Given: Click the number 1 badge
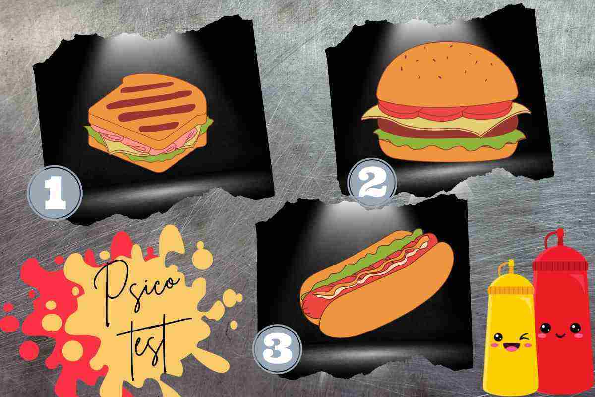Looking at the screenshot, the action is [x=55, y=193].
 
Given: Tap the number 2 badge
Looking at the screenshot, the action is [x=372, y=182].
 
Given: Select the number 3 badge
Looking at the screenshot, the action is [x=278, y=349].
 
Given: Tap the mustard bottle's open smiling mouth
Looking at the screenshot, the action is [x=510, y=347].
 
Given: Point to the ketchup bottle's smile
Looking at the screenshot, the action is [x=560, y=336].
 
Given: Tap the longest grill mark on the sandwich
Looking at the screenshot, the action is [x=149, y=99].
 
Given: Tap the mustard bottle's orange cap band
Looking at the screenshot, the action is [x=511, y=290].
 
